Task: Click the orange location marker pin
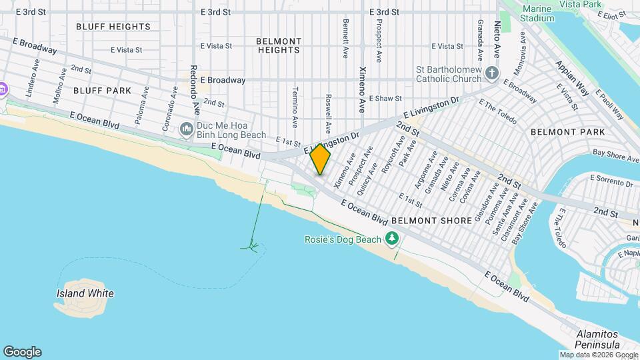click(321, 159)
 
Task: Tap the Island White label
click(85, 293)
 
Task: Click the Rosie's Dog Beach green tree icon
click(393, 239)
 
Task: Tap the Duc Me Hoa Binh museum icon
click(187, 128)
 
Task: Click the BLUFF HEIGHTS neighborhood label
click(113, 27)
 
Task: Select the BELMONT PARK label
click(567, 132)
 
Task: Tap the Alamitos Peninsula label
click(599, 339)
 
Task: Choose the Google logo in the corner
click(22, 352)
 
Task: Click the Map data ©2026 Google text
click(597, 355)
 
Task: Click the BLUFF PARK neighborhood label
click(102, 89)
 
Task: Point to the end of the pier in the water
click(252, 247)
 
